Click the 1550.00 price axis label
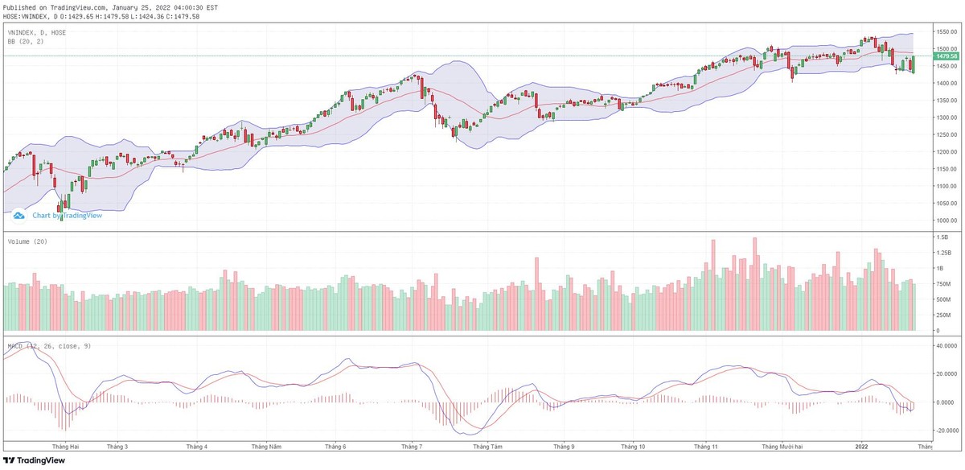pos(946,31)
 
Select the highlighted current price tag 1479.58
pos(947,56)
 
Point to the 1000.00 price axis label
pos(946,221)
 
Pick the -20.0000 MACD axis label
pos(947,431)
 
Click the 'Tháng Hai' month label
pos(64,446)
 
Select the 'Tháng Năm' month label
pos(266,446)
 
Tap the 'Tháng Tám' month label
pos(487,446)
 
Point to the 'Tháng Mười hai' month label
pos(782,446)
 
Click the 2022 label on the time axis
pos(861,446)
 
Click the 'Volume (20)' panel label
pos(27,241)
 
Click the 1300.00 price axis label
pos(946,117)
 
